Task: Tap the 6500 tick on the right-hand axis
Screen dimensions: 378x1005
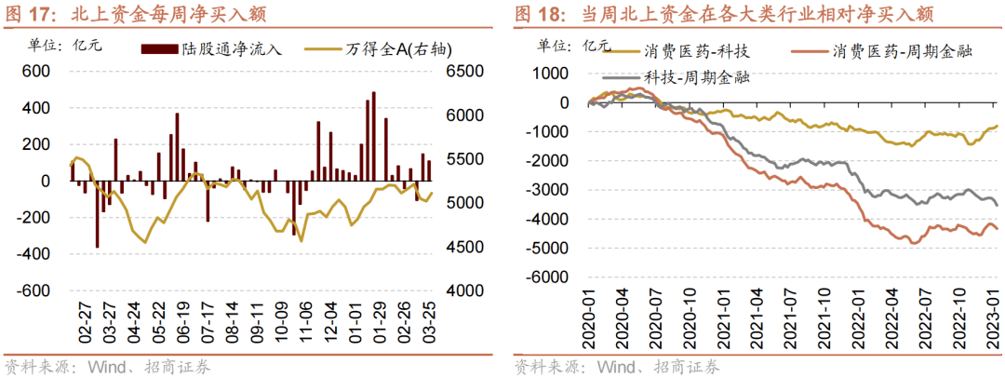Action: (465, 72)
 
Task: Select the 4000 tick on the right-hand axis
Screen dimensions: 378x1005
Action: (465, 290)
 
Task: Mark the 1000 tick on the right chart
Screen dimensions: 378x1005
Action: (556, 74)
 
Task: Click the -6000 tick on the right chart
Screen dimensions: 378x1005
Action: (551, 277)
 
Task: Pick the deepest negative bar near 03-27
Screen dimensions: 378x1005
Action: (98, 214)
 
